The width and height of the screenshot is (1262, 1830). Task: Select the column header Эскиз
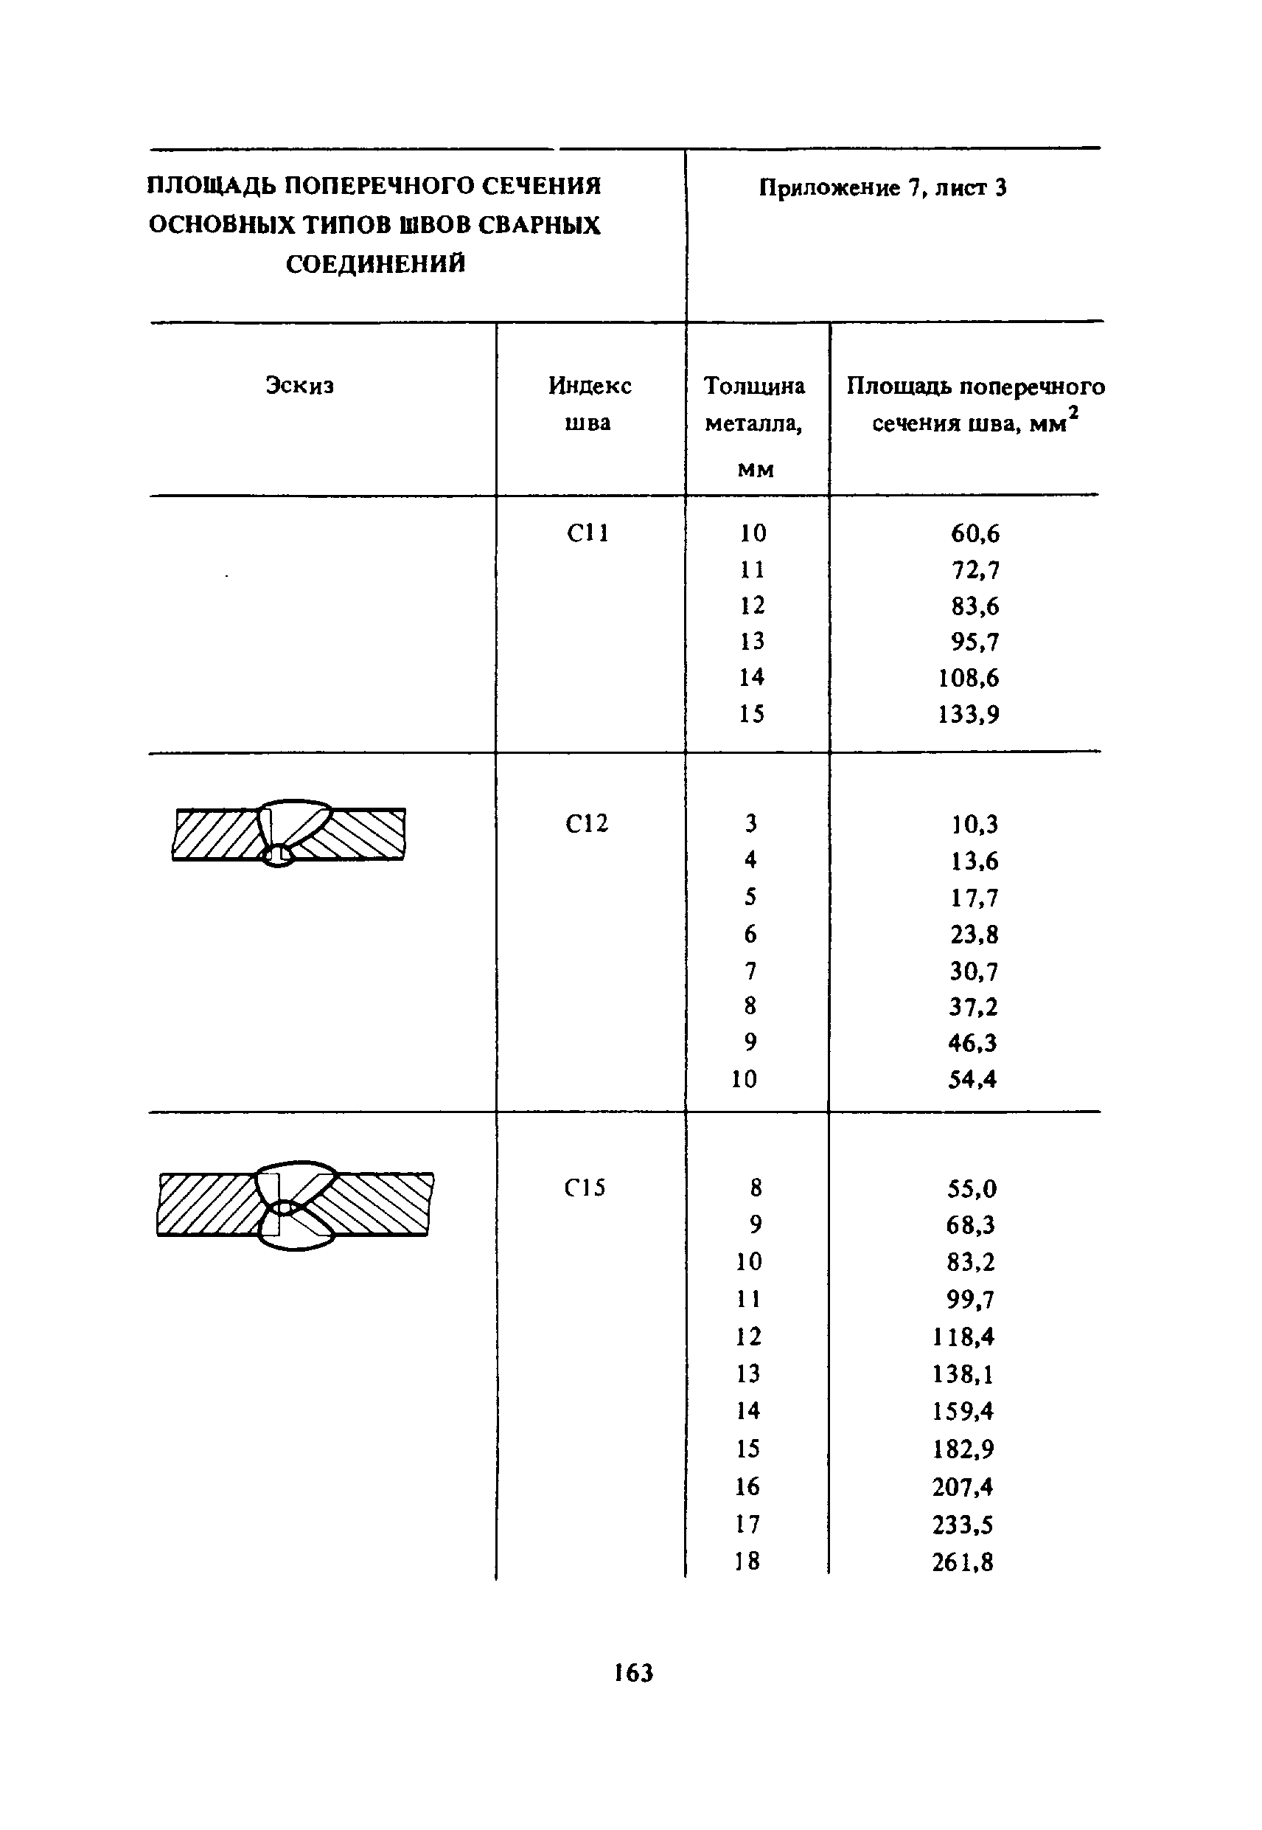tap(300, 385)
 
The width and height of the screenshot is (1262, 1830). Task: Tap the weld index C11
tap(588, 533)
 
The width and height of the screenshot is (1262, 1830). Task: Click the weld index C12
tap(587, 825)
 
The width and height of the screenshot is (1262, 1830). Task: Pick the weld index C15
tap(585, 1188)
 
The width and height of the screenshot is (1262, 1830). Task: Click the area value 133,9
tap(969, 715)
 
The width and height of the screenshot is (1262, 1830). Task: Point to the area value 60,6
tap(975, 534)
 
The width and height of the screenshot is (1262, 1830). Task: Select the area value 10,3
tap(975, 825)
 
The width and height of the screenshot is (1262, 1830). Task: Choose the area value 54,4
tap(972, 1079)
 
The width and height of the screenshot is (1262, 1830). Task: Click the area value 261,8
tap(962, 1562)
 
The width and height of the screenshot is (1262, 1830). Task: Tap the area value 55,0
tap(972, 1188)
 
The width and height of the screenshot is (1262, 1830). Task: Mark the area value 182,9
tap(963, 1449)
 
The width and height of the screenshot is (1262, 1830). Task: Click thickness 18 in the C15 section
tap(747, 1561)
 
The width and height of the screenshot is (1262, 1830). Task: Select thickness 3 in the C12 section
tap(750, 824)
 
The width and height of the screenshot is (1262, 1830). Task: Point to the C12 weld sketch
tap(289, 833)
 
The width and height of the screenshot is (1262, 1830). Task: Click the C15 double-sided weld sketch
tap(295, 1205)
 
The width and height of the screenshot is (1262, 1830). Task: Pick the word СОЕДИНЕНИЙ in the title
tap(376, 263)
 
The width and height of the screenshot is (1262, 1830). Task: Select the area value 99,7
tap(970, 1299)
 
